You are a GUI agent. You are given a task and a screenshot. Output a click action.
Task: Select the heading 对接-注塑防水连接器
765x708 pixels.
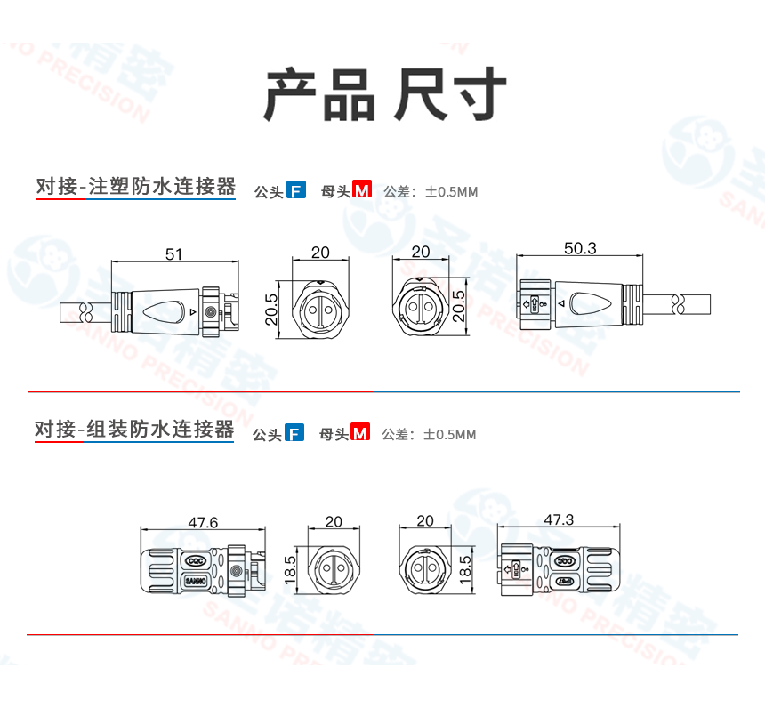click(x=136, y=187)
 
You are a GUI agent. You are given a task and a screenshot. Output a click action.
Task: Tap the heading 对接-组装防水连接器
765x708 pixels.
click(x=134, y=430)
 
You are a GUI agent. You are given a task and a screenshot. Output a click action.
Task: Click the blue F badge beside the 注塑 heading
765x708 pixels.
click(x=296, y=189)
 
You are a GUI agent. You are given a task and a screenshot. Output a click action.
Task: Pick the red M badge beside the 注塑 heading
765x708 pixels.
click(x=361, y=189)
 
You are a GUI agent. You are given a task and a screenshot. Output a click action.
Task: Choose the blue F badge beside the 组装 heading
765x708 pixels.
click(x=294, y=433)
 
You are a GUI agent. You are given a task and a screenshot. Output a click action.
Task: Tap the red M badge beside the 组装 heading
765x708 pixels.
click(x=359, y=433)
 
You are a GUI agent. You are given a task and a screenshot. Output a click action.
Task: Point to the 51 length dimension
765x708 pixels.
click(x=173, y=254)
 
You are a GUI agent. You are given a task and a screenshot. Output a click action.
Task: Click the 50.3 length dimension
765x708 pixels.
click(x=580, y=248)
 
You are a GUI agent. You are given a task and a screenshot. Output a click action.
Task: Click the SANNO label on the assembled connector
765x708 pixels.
click(x=196, y=581)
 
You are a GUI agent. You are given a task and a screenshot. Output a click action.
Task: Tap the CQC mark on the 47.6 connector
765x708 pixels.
click(x=196, y=561)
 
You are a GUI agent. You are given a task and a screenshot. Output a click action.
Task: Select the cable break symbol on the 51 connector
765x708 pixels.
click(x=87, y=312)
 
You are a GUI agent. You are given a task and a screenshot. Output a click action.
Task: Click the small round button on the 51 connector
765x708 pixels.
click(x=210, y=312)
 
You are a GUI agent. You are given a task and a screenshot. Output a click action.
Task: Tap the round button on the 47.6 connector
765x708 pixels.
click(x=237, y=571)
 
